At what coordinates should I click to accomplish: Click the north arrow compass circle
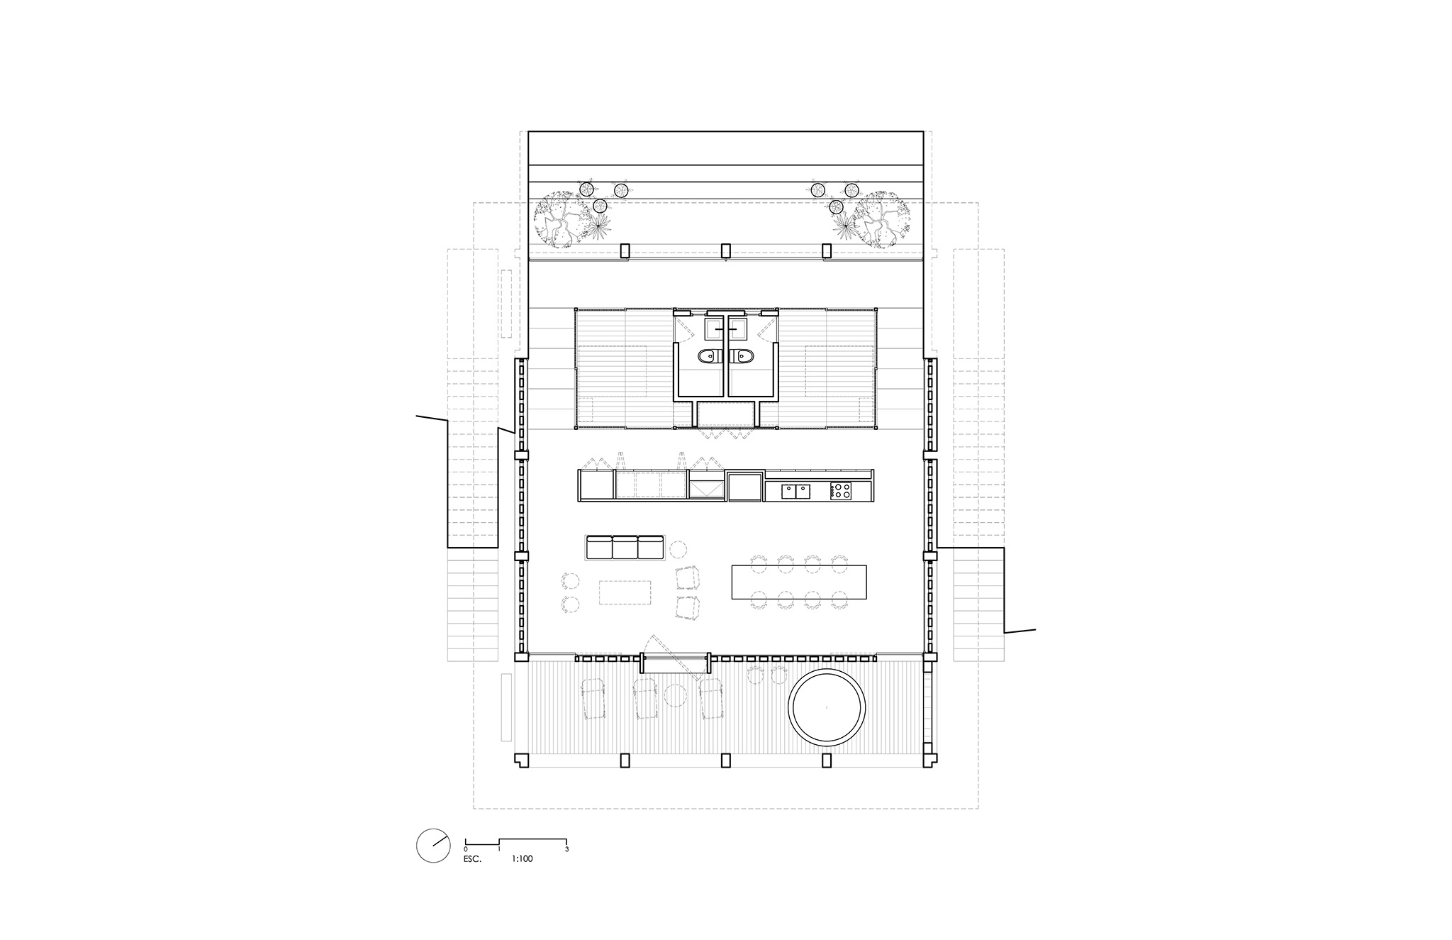[433, 846]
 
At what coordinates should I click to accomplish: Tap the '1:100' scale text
[522, 859]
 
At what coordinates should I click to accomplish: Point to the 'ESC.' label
[474, 859]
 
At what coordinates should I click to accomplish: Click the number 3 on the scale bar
[567, 848]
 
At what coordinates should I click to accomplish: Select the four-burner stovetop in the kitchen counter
[840, 490]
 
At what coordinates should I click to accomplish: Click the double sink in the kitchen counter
[797, 490]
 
